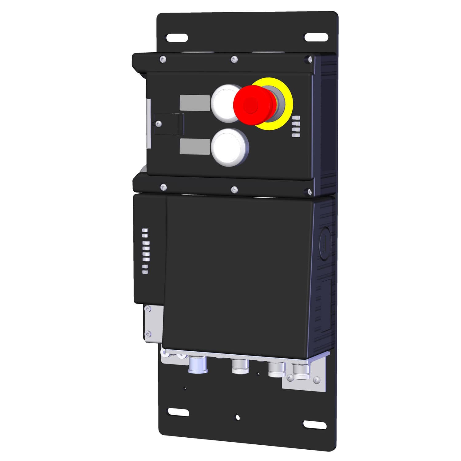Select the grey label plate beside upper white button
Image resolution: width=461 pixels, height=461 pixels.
195,103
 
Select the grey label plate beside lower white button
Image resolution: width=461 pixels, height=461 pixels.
195,146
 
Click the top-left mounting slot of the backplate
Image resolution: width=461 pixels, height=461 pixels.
177,38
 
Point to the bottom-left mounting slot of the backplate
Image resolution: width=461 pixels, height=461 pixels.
178,412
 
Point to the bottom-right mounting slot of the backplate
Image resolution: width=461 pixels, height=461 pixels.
315,424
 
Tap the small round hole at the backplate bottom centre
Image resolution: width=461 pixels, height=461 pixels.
237,417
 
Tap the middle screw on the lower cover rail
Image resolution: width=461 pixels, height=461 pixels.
234,190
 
